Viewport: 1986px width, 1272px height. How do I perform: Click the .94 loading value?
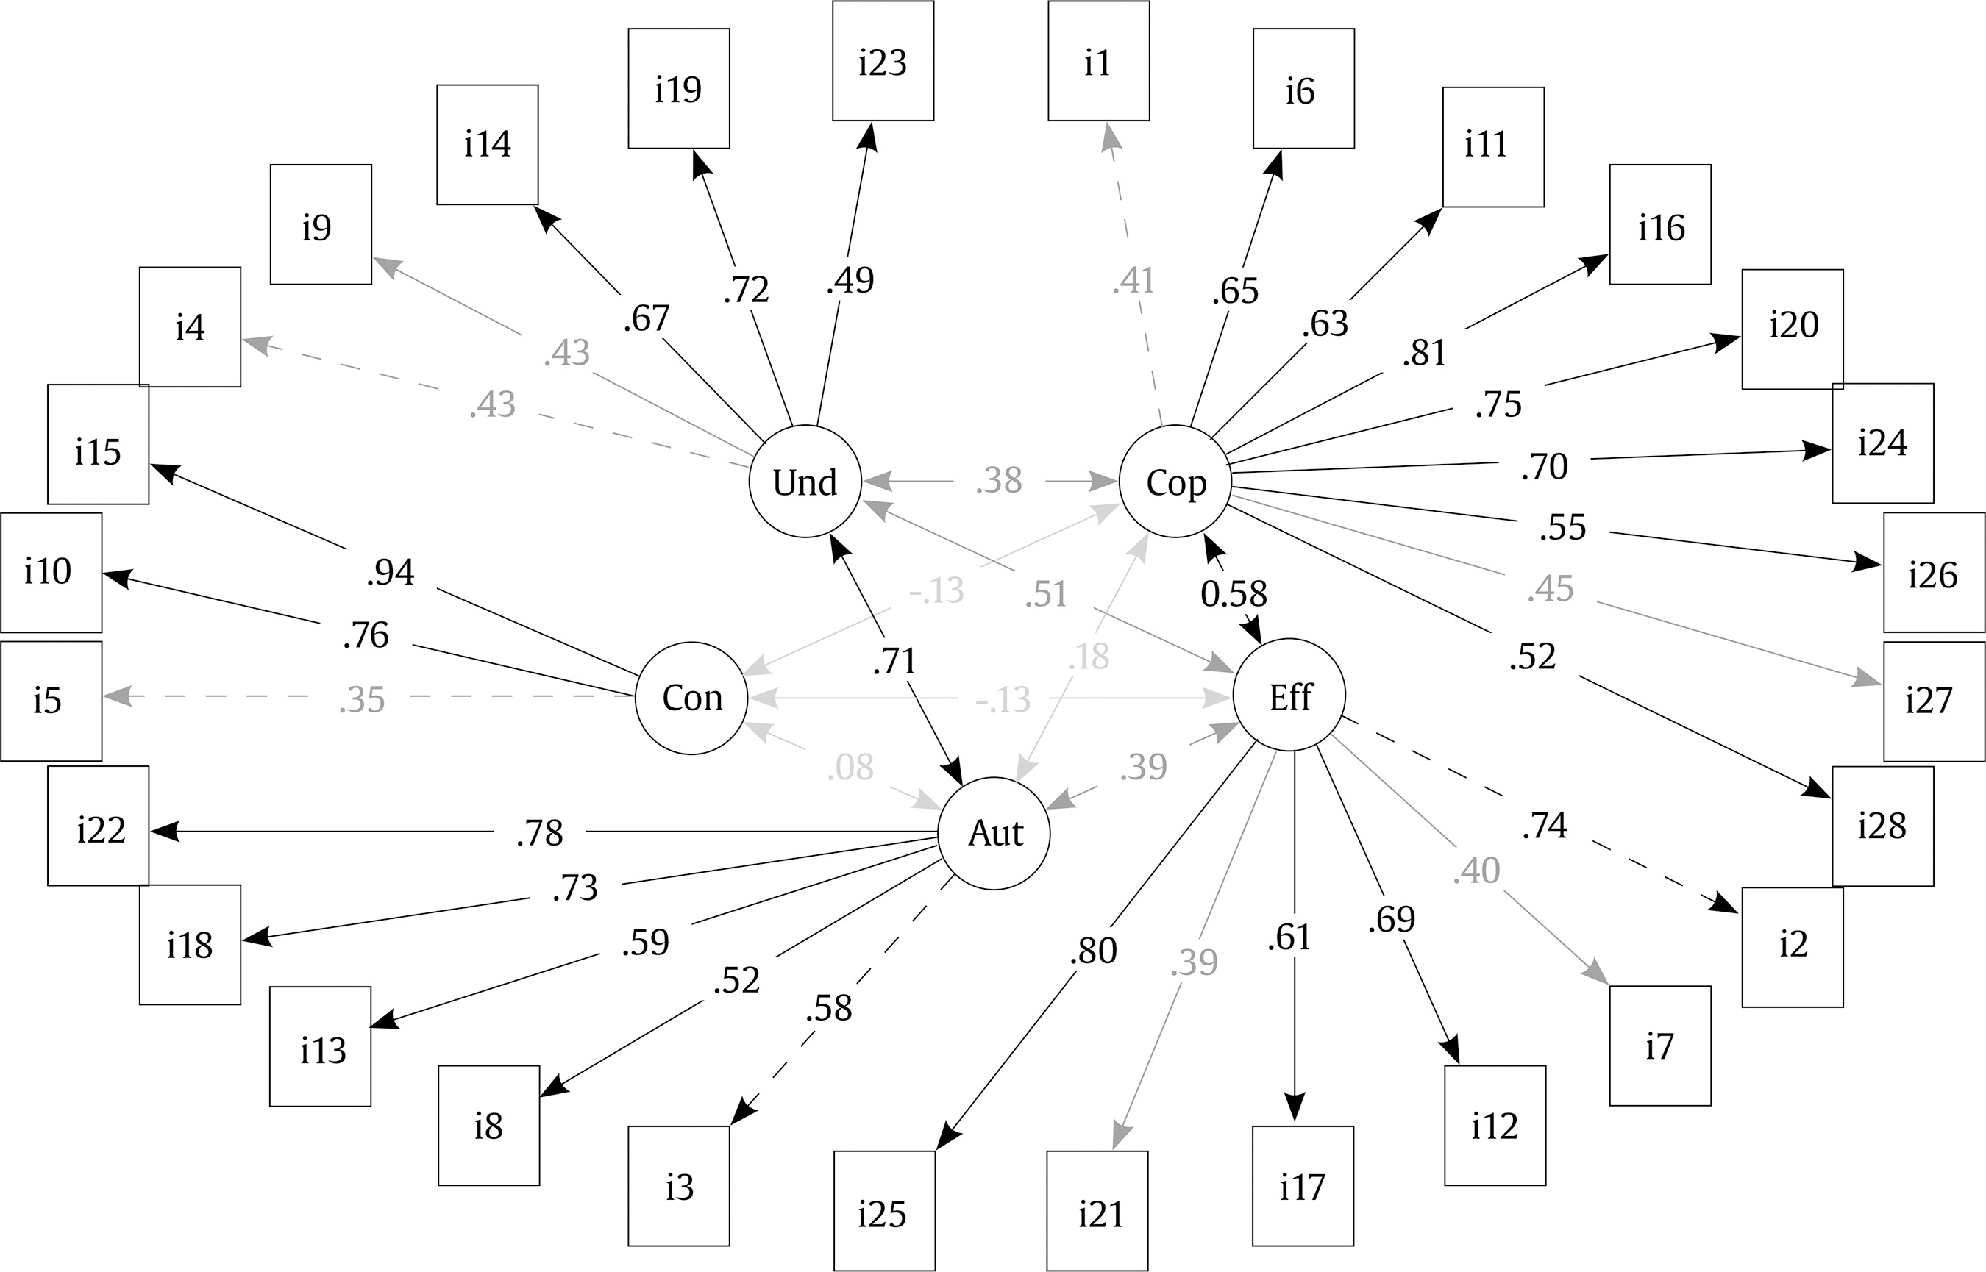[x=391, y=572]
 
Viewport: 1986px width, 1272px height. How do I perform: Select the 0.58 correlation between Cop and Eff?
[x=1234, y=593]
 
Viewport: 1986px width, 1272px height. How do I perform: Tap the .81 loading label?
[x=1424, y=354]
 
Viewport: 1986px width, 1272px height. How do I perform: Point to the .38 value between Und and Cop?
[x=999, y=481]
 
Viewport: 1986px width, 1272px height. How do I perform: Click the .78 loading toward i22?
[x=539, y=832]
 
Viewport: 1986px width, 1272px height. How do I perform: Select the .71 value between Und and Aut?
[x=894, y=662]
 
